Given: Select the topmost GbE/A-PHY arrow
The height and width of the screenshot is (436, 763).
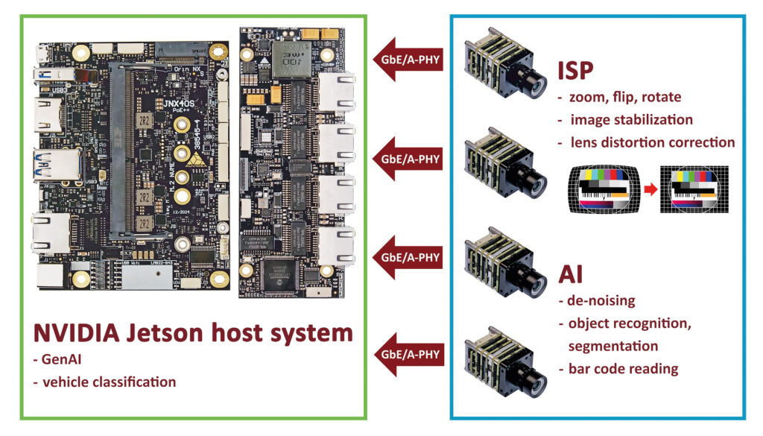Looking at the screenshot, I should pos(408,60).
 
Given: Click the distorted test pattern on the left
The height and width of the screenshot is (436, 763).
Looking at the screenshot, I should pos(604,191).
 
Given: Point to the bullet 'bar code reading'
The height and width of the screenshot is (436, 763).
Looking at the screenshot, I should pos(618,368).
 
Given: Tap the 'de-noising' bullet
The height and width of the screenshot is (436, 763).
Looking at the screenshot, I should pos(596,301).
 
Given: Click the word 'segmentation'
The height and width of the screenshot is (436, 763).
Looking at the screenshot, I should pos(612,346).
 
